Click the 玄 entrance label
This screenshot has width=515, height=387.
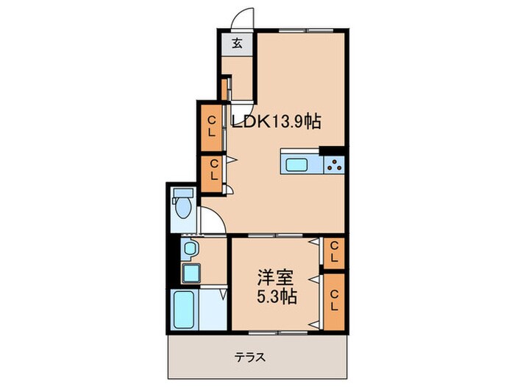237,43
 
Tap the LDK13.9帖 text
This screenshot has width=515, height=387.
276,122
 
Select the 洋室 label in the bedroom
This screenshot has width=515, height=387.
275,278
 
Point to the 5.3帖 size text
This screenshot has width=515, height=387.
277,297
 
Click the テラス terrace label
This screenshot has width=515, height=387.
250,357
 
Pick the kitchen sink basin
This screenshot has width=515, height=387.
296,164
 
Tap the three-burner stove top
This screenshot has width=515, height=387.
334,165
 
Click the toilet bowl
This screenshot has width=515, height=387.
183,208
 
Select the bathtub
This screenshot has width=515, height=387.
183,310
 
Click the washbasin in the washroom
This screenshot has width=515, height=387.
190,248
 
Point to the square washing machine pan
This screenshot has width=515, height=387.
191,273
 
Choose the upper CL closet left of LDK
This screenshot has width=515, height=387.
212,128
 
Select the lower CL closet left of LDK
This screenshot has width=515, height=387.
212,173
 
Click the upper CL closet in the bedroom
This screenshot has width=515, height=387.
334,252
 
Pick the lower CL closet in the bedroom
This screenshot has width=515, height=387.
334,301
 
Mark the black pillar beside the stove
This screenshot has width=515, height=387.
332,150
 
